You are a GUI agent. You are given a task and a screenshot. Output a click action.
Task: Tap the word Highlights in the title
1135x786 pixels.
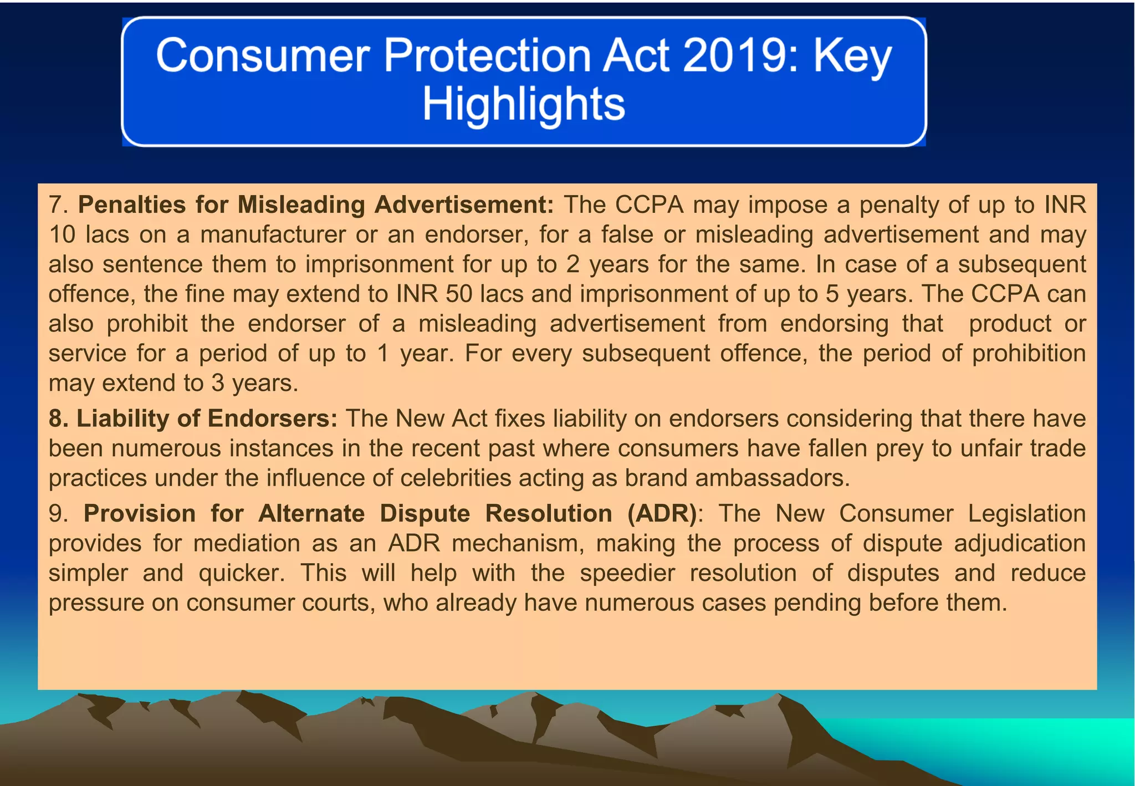click(524, 104)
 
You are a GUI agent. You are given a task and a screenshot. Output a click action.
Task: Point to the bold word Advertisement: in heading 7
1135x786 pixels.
click(464, 205)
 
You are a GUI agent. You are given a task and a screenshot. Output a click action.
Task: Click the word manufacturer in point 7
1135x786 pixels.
click(273, 234)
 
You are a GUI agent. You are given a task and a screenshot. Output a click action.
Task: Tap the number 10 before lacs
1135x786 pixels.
click(62, 234)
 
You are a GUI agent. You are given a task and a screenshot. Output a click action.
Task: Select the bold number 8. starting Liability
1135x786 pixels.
click(59, 418)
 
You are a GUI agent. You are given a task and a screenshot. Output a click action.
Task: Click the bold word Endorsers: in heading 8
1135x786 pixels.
click(272, 418)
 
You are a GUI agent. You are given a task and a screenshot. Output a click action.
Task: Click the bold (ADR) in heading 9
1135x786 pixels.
click(662, 513)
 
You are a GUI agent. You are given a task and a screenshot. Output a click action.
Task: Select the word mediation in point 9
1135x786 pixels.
click(247, 543)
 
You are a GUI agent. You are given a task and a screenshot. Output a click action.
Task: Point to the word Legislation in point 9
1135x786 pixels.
click(1026, 513)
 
